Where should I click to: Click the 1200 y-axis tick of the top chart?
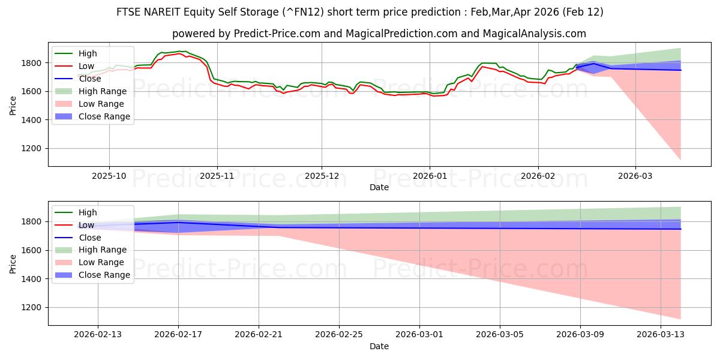(33, 149)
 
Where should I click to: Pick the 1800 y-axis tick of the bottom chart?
(33, 222)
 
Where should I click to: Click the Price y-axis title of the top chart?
(13, 106)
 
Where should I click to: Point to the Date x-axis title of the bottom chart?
(379, 346)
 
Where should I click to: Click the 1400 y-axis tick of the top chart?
(33, 120)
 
